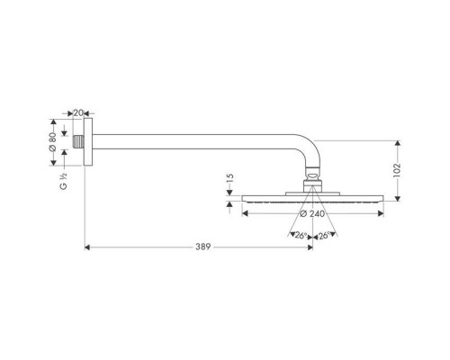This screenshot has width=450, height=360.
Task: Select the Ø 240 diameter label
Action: [x=310, y=214]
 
